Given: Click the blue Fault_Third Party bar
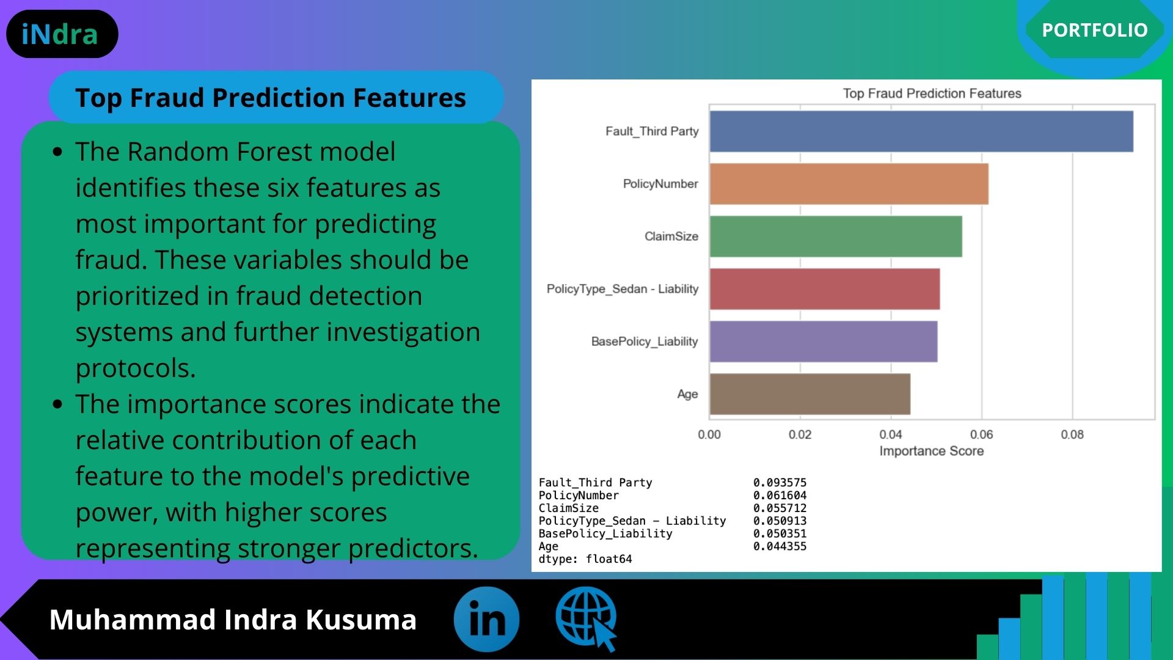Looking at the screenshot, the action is [x=921, y=131].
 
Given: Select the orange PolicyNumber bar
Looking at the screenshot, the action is [x=849, y=184].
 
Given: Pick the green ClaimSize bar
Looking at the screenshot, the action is [x=836, y=237].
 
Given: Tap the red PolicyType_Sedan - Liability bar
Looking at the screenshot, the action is [x=825, y=289].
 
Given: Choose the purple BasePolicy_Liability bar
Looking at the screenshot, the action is [x=824, y=342].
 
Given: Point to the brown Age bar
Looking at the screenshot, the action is [x=810, y=394].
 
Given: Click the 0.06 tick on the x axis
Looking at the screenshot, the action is [x=981, y=435].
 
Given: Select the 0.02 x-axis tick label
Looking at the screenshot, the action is [x=800, y=435].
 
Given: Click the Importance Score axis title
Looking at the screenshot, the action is [x=932, y=451].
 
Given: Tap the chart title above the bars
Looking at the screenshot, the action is [x=932, y=94].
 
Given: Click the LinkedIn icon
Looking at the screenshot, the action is [x=486, y=619].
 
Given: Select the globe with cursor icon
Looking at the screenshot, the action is [x=586, y=618].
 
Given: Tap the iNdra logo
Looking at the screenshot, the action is [x=62, y=34].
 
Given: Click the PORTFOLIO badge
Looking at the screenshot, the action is [x=1095, y=30].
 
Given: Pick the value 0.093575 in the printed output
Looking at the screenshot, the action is [x=780, y=483].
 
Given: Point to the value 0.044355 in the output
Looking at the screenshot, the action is [x=780, y=546].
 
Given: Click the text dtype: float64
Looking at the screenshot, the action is [x=585, y=559].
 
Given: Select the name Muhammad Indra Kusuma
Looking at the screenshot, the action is [x=233, y=619].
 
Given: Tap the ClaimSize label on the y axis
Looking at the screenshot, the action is [x=671, y=237].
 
